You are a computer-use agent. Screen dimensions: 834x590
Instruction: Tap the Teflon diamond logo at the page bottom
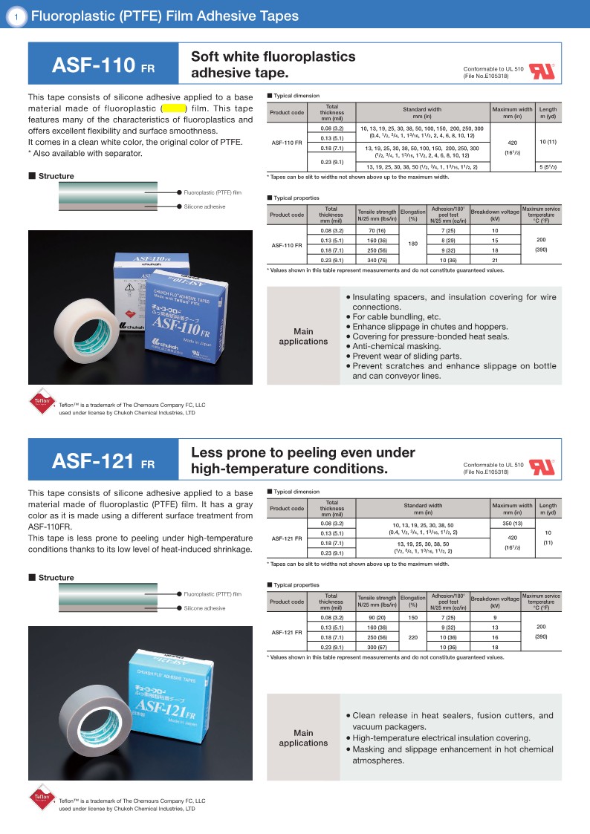[x=42, y=801]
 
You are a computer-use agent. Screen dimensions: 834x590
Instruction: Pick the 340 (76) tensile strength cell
[x=377, y=260]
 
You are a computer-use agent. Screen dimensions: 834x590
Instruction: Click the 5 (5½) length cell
[x=548, y=167]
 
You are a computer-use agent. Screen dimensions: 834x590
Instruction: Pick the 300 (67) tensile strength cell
[x=377, y=647]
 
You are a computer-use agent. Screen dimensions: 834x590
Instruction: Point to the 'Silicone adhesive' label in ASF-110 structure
[x=205, y=206]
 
